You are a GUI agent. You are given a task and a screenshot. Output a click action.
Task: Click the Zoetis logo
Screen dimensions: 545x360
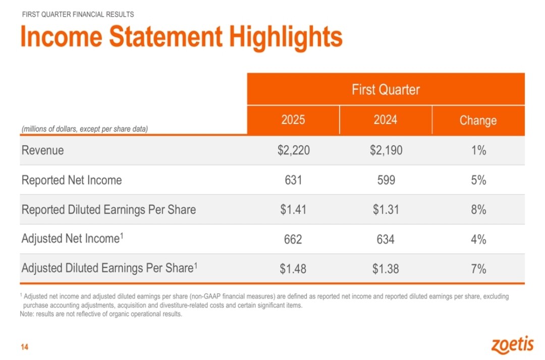pyautogui.click(x=512, y=345)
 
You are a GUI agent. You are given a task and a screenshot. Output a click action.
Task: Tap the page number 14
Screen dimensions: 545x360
pyautogui.click(x=24, y=347)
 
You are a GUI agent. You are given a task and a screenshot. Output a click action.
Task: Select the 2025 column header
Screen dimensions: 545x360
pyautogui.click(x=293, y=120)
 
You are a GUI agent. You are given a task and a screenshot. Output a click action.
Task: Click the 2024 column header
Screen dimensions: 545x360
pyautogui.click(x=386, y=120)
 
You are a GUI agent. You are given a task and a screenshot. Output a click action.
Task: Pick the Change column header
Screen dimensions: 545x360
pyautogui.click(x=478, y=121)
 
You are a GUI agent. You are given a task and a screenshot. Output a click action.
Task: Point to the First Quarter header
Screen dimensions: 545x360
pyautogui.click(x=386, y=90)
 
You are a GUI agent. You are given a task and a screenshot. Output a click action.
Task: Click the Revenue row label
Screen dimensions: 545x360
pyautogui.click(x=43, y=150)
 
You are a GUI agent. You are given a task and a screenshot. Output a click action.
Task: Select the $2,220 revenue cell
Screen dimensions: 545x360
pyautogui.click(x=293, y=150)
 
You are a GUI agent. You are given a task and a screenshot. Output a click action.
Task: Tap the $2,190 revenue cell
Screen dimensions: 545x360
pyautogui.click(x=386, y=150)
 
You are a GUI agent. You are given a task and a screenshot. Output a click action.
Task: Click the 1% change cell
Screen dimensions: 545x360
pyautogui.click(x=478, y=150)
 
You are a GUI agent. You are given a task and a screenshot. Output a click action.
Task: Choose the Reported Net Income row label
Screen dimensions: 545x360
pyautogui.click(x=72, y=180)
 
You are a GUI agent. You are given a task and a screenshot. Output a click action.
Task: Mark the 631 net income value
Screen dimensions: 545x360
pyautogui.click(x=293, y=180)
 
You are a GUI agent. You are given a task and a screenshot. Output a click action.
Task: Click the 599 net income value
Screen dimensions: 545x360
pyautogui.click(x=386, y=180)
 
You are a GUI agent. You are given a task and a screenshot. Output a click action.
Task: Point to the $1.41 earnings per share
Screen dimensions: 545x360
pyautogui.click(x=293, y=210)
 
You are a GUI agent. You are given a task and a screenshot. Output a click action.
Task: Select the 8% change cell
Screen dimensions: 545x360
pyautogui.click(x=478, y=210)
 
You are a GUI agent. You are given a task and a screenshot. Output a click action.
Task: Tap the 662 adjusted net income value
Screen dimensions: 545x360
pyautogui.click(x=293, y=239)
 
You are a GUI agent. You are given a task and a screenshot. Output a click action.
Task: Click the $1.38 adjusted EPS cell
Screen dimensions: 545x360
pyautogui.click(x=386, y=269)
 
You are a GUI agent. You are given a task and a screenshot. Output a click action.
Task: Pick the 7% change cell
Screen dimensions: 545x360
pyautogui.click(x=478, y=269)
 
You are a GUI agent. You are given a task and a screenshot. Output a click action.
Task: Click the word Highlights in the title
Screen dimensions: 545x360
pyautogui.click(x=286, y=37)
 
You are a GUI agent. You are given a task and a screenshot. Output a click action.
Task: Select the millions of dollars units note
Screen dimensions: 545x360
pyautogui.click(x=84, y=129)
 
